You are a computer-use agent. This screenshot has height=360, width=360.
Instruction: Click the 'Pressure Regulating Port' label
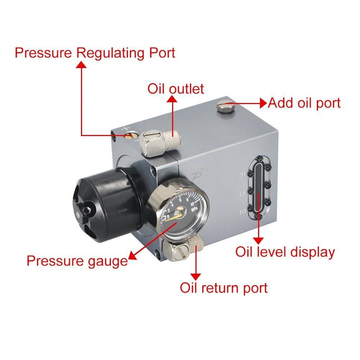(x=95, y=53)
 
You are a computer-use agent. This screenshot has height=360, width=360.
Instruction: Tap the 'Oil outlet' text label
(x=176, y=89)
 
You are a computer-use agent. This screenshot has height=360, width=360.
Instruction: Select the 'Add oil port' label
(x=304, y=103)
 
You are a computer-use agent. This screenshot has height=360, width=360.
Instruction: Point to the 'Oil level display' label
(x=285, y=252)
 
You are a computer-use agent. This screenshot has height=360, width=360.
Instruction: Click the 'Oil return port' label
(x=224, y=288)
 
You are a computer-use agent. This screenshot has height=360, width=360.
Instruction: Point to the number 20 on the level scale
(x=242, y=175)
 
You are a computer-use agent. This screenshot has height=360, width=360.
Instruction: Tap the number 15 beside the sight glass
(x=242, y=194)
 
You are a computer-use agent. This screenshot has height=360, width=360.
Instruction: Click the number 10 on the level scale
(x=242, y=212)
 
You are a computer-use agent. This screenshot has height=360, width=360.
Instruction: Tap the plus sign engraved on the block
(x=125, y=129)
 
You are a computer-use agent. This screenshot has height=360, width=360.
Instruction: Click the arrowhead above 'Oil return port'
(x=196, y=276)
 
